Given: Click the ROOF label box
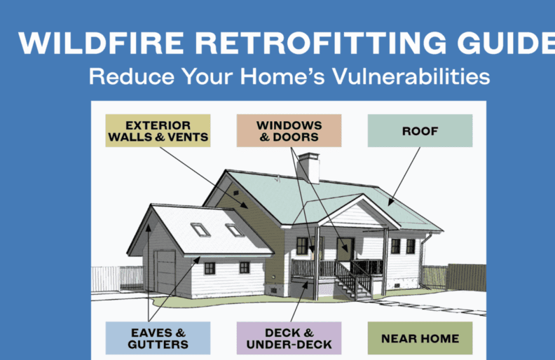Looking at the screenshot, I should (x=420, y=130).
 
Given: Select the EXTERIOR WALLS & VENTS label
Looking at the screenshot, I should (x=157, y=130).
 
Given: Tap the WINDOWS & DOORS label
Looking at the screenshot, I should (x=289, y=130).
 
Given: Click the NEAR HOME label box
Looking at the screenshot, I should (x=420, y=338).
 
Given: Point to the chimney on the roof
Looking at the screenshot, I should (x=308, y=167).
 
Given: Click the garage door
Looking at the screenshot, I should (x=166, y=272).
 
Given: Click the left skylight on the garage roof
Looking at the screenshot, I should (x=200, y=229).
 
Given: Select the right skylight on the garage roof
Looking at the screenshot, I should (x=233, y=229).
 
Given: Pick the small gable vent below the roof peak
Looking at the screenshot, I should (x=236, y=191).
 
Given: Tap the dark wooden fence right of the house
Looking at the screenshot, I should (x=466, y=277).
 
